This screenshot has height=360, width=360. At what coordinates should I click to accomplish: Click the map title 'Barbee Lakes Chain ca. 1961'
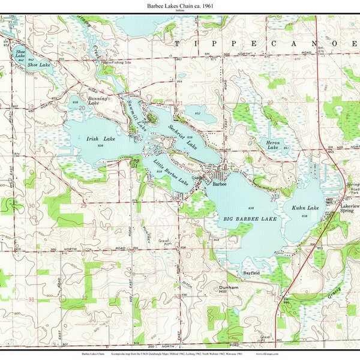[179, 5]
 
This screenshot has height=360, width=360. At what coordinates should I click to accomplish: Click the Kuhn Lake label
[305, 208]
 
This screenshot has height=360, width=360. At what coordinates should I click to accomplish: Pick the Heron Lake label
[273, 144]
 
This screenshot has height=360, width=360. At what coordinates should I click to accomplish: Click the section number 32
[85, 298]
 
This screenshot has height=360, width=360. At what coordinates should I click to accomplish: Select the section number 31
[31, 298]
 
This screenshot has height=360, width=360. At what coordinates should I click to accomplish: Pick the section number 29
[83, 206]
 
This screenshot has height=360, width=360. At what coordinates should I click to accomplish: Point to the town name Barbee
[219, 185]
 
